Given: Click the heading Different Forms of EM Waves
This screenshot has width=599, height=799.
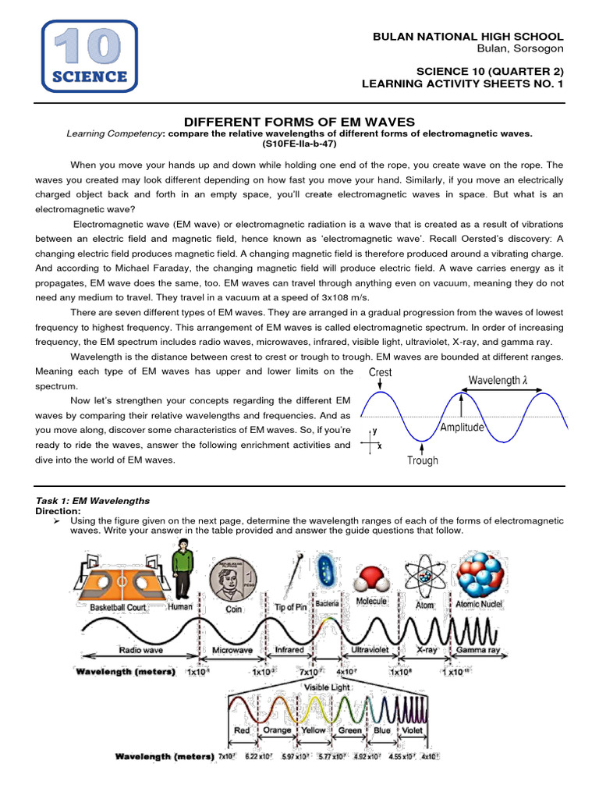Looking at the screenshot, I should pyautogui.click(x=299, y=122).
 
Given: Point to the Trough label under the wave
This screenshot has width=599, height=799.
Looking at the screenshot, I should pyautogui.click(x=422, y=460).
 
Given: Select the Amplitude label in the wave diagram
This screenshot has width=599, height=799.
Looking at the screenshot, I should pyautogui.click(x=461, y=427).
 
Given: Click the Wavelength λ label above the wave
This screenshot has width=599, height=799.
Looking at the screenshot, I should pyautogui.click(x=504, y=380).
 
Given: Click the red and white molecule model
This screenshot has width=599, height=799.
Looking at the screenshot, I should pyautogui.click(x=371, y=580).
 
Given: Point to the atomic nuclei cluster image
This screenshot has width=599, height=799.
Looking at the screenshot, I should pyautogui.click(x=479, y=574).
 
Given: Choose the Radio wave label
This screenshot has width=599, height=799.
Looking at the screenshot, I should pyautogui.click(x=140, y=649).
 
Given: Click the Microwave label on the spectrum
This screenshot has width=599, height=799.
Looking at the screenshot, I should pyautogui.click(x=232, y=649).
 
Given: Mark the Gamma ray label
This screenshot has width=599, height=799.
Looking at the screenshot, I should pyautogui.click(x=479, y=649).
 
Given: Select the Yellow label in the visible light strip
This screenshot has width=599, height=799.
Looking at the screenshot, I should pyautogui.click(x=314, y=730).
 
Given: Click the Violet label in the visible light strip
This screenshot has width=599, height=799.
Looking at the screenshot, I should pyautogui.click(x=412, y=730).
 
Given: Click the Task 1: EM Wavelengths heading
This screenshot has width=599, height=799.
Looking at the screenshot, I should pyautogui.click(x=93, y=500).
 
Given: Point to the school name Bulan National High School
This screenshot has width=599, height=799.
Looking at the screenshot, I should pyautogui.click(x=468, y=37).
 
